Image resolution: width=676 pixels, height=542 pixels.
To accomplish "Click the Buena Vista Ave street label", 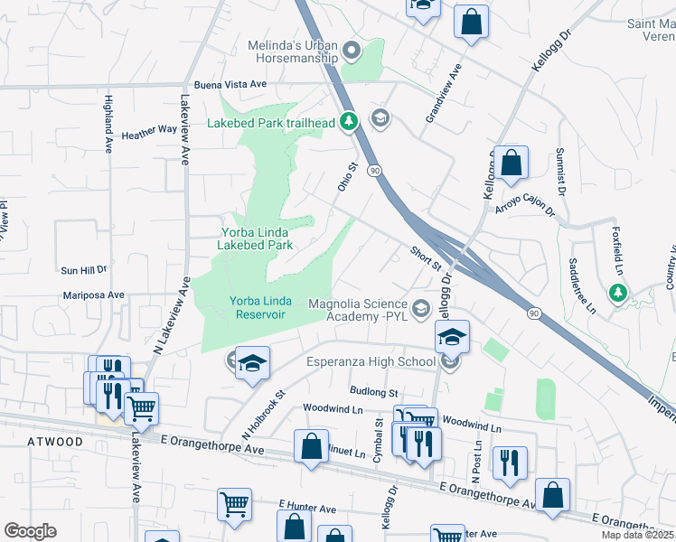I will [x=230, y=84].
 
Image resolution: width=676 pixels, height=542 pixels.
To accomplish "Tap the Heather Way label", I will [x=149, y=130].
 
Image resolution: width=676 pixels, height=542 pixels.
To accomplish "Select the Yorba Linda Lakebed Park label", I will [x=258, y=238].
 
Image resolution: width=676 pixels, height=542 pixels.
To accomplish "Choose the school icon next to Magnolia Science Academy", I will [x=420, y=310].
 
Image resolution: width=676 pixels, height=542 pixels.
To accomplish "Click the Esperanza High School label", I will [x=384, y=362].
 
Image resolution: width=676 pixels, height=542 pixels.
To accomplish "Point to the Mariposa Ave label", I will [x=93, y=294].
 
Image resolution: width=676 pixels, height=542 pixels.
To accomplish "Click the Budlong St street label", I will [x=374, y=393].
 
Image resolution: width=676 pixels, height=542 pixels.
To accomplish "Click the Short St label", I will [x=425, y=259].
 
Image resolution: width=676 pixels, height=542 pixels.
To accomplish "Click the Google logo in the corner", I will [x=30, y=531].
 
